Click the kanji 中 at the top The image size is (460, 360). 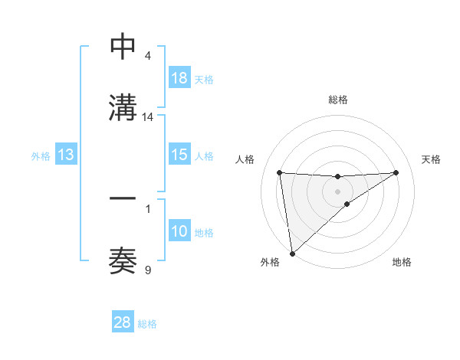pos(123,47)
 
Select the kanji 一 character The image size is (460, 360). pos(123,198)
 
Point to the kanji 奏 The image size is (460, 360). pos(123,260)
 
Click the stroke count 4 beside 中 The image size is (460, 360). pos(148,55)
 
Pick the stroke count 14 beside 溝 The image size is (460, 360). pos(148,116)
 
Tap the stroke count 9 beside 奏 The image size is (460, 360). pos(148,269)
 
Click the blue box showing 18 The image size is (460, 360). pos(179,78)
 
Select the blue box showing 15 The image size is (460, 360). pos(179,155)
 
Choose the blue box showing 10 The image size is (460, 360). pos(179,231)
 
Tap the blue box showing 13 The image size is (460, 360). pos(66,155)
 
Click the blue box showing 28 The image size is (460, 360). pos(123,322)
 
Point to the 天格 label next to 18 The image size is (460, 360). pos(203,79)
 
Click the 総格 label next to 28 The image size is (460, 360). pos(147,323)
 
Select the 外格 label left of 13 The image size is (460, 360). pos(41,156)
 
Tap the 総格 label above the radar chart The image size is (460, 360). pos(337,100)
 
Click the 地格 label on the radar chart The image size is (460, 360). pos(402,262)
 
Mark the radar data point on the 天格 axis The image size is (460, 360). pos(396,172)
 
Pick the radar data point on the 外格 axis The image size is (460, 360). pos(291,254)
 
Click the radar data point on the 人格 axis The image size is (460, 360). pos(280,172)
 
